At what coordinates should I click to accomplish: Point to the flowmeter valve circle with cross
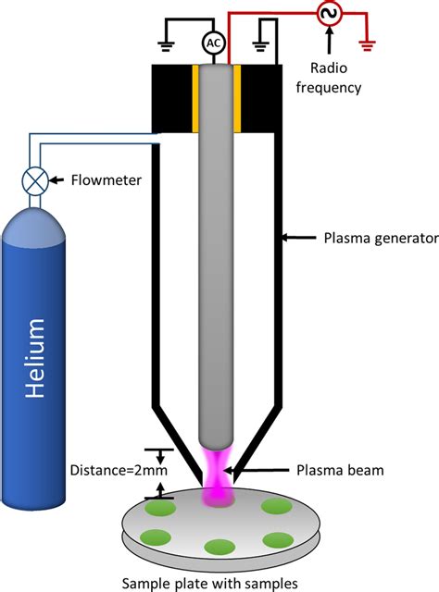35,180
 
